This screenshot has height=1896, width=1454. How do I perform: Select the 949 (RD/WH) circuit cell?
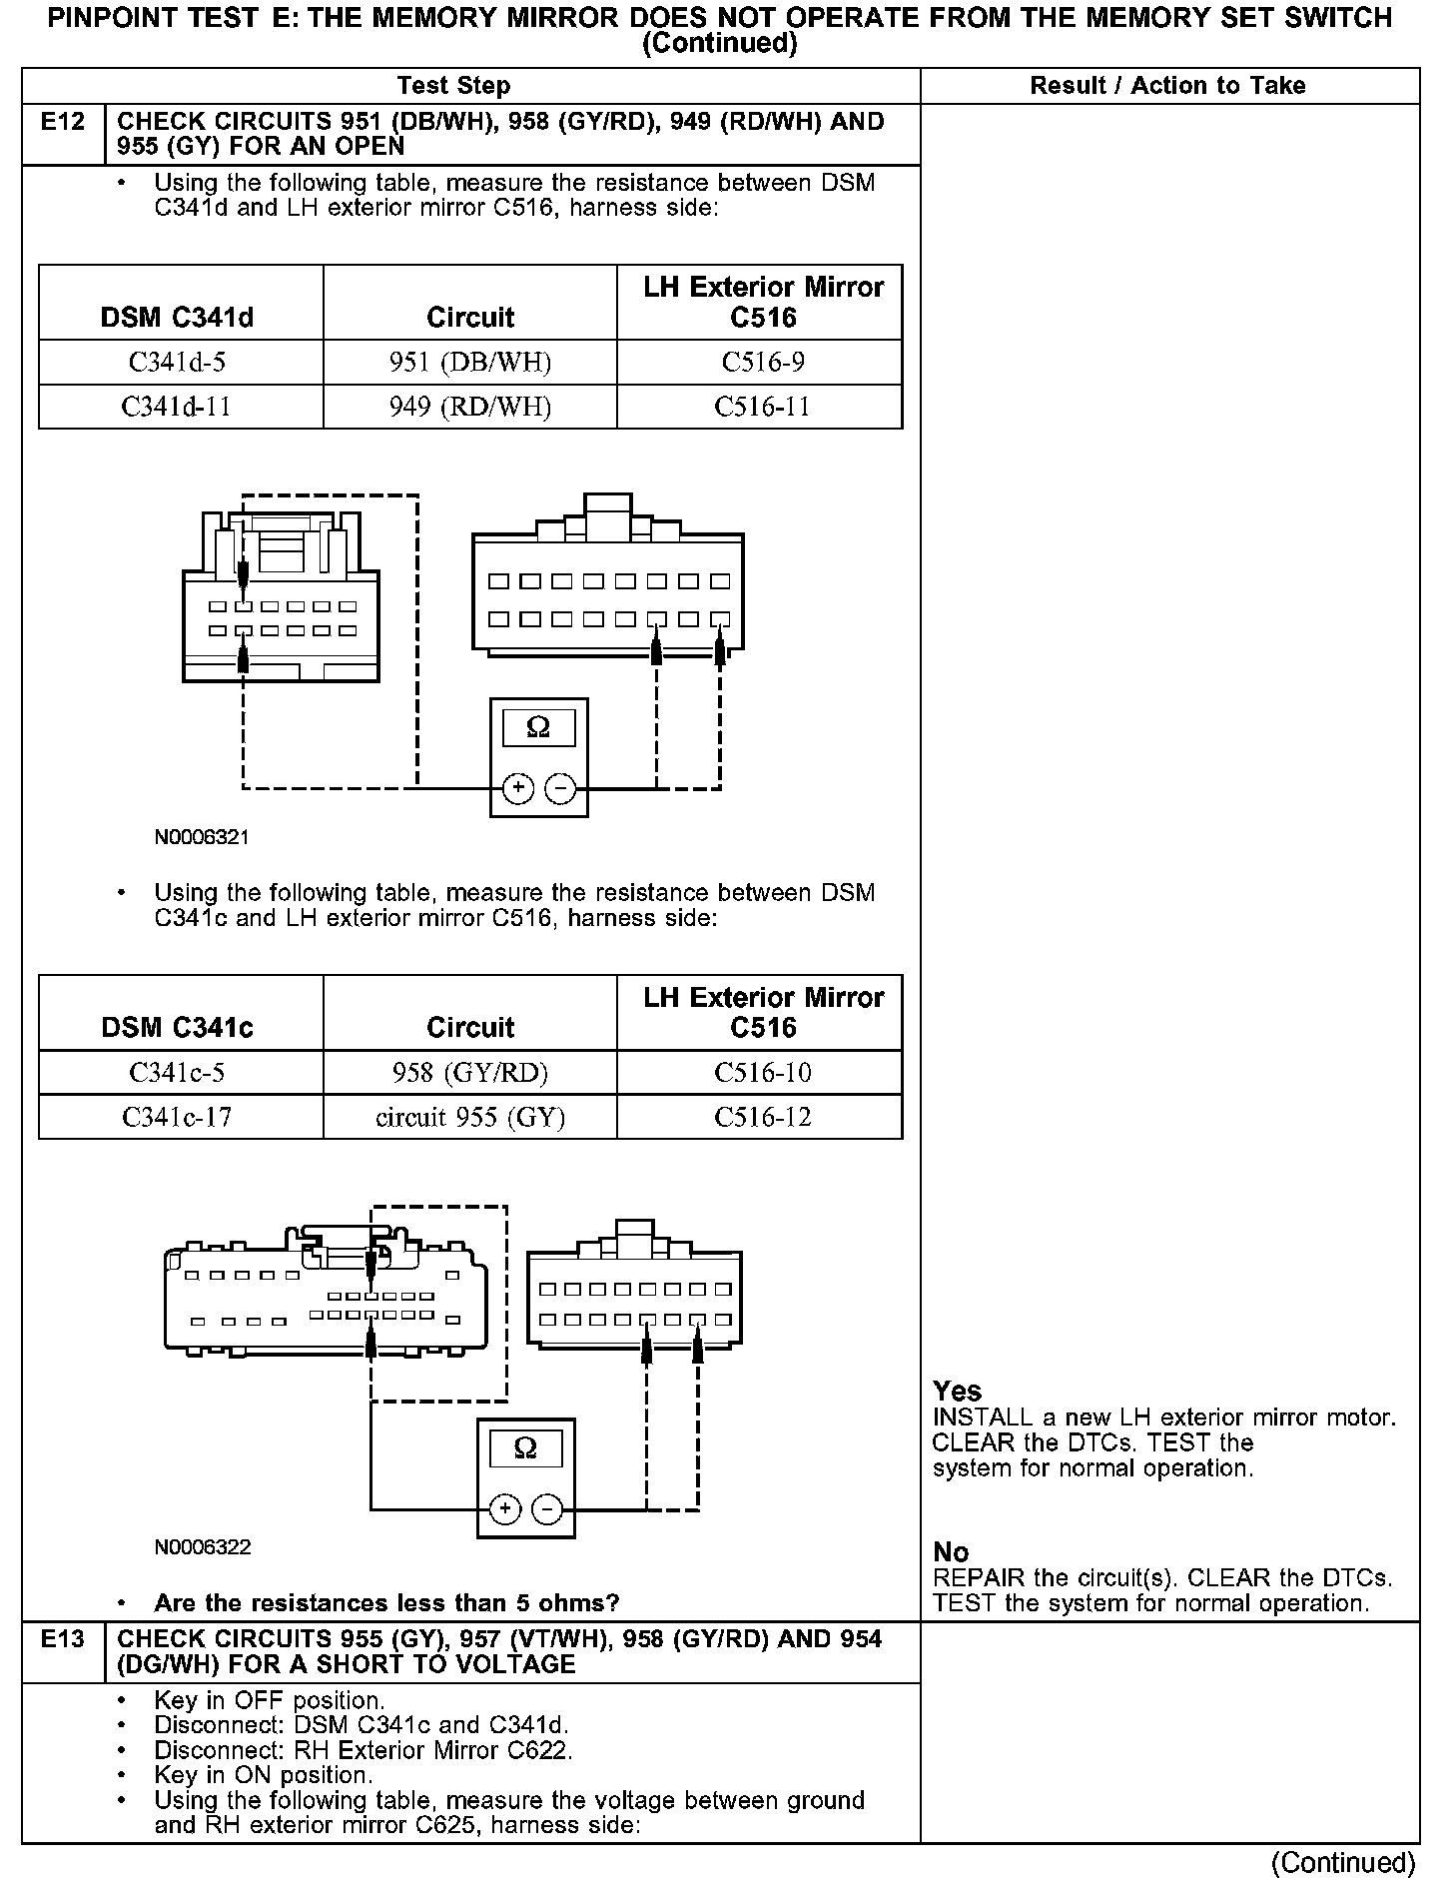[x=469, y=407]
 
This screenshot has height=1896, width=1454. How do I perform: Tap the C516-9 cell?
[x=762, y=362]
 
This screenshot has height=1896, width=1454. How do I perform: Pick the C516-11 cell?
[x=762, y=407]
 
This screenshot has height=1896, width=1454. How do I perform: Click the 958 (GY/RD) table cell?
[x=469, y=1072]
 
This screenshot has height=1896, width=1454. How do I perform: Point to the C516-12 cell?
[x=762, y=1117]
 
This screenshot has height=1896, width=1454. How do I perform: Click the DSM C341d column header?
[x=177, y=318]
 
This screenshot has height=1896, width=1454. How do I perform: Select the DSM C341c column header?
[x=177, y=1027]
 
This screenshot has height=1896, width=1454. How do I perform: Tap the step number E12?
[x=63, y=122]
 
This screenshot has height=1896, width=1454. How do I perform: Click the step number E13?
[x=63, y=1639]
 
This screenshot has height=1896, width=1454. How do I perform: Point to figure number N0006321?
[x=202, y=837]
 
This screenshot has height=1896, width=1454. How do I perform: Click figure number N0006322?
[x=202, y=1547]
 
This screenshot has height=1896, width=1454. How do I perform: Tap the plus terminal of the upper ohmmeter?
[x=517, y=789]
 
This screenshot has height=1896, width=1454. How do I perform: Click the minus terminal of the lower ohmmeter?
[x=547, y=1508]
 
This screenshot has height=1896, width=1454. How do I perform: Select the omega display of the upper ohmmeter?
[x=538, y=728]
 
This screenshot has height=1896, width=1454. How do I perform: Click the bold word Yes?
[x=957, y=1391]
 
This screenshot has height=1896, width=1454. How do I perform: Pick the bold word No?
[x=951, y=1551]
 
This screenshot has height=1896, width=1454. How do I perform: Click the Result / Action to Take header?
[x=1167, y=86]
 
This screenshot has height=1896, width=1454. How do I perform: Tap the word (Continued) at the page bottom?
[x=1342, y=1862]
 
